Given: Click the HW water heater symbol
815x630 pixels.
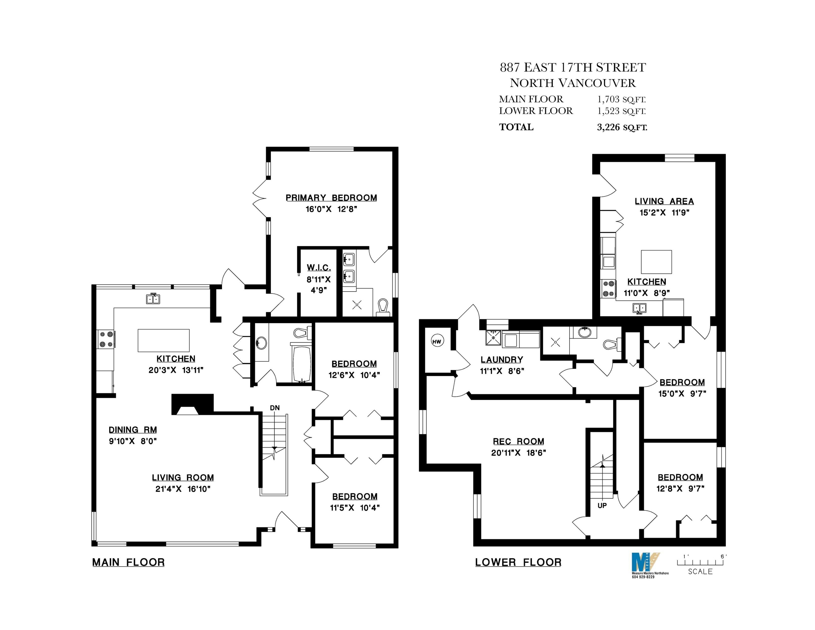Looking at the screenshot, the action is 437,341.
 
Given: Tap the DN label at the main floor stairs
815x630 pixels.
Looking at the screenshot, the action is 275,408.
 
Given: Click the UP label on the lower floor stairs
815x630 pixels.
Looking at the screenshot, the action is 602,505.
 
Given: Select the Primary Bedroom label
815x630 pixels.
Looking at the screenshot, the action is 331,198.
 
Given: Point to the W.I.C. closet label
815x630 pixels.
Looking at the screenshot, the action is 319,268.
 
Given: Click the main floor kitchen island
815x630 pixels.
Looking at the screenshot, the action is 163,340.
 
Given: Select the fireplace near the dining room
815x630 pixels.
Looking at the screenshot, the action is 192,404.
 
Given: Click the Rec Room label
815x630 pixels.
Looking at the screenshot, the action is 519,442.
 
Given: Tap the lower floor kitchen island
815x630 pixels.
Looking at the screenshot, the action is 656,262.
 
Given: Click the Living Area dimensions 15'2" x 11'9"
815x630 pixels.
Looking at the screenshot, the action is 665,213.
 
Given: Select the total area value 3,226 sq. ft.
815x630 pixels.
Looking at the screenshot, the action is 622,127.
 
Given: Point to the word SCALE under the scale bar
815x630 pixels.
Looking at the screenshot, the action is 700,571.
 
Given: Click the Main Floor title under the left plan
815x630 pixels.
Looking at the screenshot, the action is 128,562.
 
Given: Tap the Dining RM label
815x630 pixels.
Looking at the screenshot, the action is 133,430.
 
